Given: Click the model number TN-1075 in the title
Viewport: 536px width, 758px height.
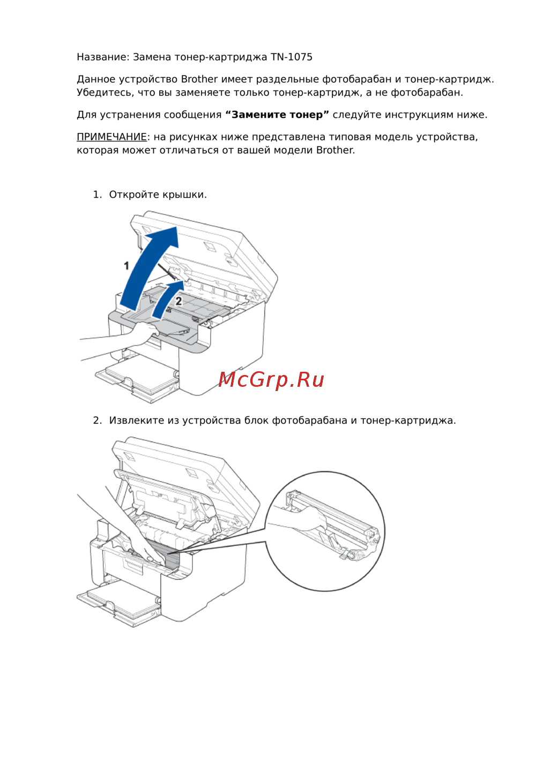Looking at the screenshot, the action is click(291, 57).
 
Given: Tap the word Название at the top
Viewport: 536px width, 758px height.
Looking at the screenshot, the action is click(101, 57).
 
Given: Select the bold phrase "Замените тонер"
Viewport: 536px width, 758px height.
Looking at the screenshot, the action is click(277, 115).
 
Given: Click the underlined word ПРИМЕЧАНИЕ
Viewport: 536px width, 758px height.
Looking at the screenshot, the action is click(111, 137).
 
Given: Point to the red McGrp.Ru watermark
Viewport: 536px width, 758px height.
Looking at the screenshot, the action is click(271, 380).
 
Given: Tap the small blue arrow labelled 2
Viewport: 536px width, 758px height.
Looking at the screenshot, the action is click(166, 299).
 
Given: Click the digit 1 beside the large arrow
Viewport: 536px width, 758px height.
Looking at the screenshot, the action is click(126, 266).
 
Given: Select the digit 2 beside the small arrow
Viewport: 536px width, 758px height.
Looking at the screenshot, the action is click(178, 301).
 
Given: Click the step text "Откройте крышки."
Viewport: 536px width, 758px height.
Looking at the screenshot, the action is click(158, 195).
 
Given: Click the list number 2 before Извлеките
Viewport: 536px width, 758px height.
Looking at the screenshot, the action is click(97, 421).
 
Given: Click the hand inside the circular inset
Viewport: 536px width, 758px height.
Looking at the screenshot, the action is click(301, 517).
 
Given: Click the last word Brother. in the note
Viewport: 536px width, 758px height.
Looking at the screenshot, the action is click(336, 150).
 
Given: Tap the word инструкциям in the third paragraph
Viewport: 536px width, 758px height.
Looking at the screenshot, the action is click(419, 115).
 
